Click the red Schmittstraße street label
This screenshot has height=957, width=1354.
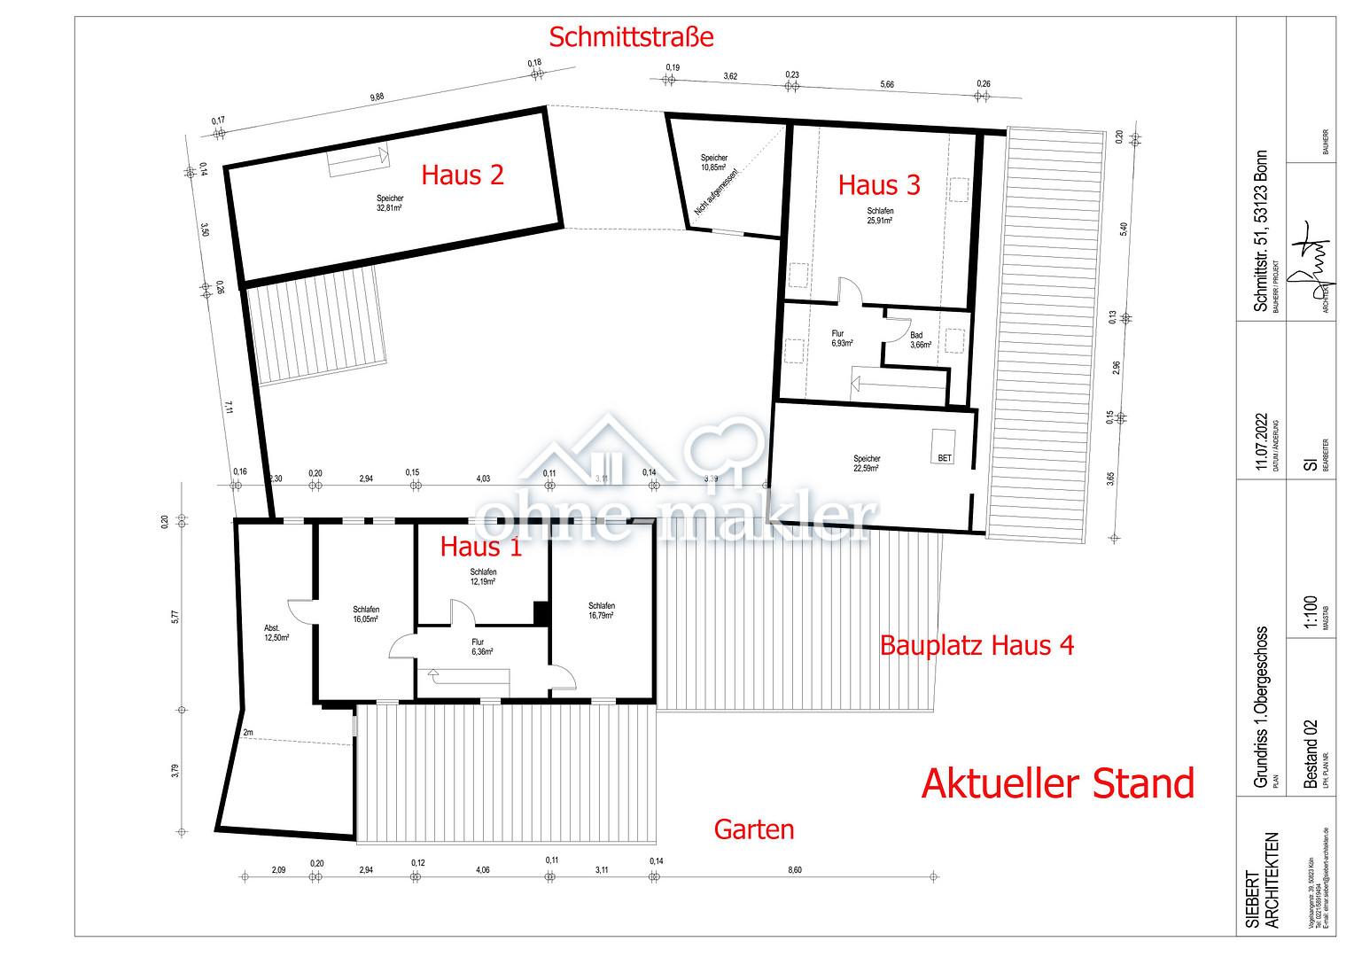pos(631,37)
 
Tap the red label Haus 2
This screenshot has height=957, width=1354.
pos(463,175)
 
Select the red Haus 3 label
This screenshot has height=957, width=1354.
pos(879,185)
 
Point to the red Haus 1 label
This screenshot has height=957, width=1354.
pos(481,547)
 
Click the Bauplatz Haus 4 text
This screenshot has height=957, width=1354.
pos(977,645)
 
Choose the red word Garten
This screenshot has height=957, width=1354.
pos(754,829)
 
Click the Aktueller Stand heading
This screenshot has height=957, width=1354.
pos(1058,784)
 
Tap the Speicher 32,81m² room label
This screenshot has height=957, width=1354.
pos(390,203)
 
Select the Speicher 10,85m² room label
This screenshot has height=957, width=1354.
pos(714,162)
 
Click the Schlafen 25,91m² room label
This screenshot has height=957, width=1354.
pos(880,215)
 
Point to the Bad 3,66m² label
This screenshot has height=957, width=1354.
pos(920,340)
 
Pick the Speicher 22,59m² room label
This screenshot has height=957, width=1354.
pos(867,463)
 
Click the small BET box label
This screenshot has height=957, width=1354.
pos(945,458)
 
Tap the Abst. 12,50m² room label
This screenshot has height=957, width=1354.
pos(276,633)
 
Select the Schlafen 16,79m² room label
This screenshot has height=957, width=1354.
pos(601,611)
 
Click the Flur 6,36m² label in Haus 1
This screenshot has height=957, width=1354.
pos(481,647)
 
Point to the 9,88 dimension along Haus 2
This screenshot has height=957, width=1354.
pos(377,97)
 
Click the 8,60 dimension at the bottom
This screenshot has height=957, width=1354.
pos(795,870)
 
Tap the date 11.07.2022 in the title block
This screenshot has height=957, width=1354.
pos(1262,440)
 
